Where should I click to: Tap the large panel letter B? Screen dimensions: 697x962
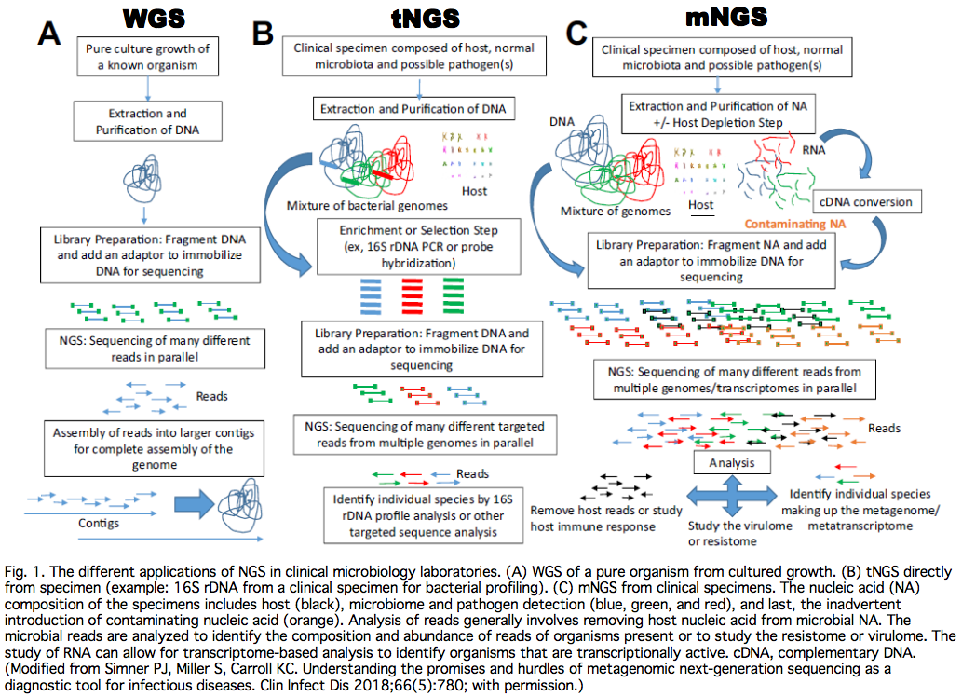[264, 34]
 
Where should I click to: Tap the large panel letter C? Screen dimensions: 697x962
[576, 36]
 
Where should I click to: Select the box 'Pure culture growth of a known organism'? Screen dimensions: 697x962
[148, 57]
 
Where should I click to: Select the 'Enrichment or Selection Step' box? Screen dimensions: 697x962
[418, 247]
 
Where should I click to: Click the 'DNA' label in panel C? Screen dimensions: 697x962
[562, 123]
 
